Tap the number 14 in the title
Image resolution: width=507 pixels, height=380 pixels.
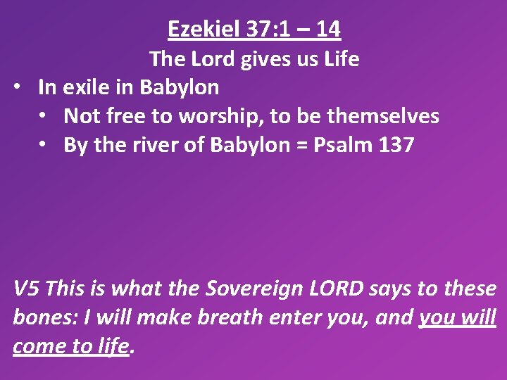pos(328,29)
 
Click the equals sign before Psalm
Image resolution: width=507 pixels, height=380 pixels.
pos(299,145)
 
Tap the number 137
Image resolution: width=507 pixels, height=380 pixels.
pos(396,145)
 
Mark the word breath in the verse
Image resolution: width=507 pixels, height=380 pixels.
pos(230,317)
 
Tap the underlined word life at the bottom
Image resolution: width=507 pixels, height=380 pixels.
pos(115,346)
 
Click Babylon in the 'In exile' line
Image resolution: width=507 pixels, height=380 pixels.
pos(180,87)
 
